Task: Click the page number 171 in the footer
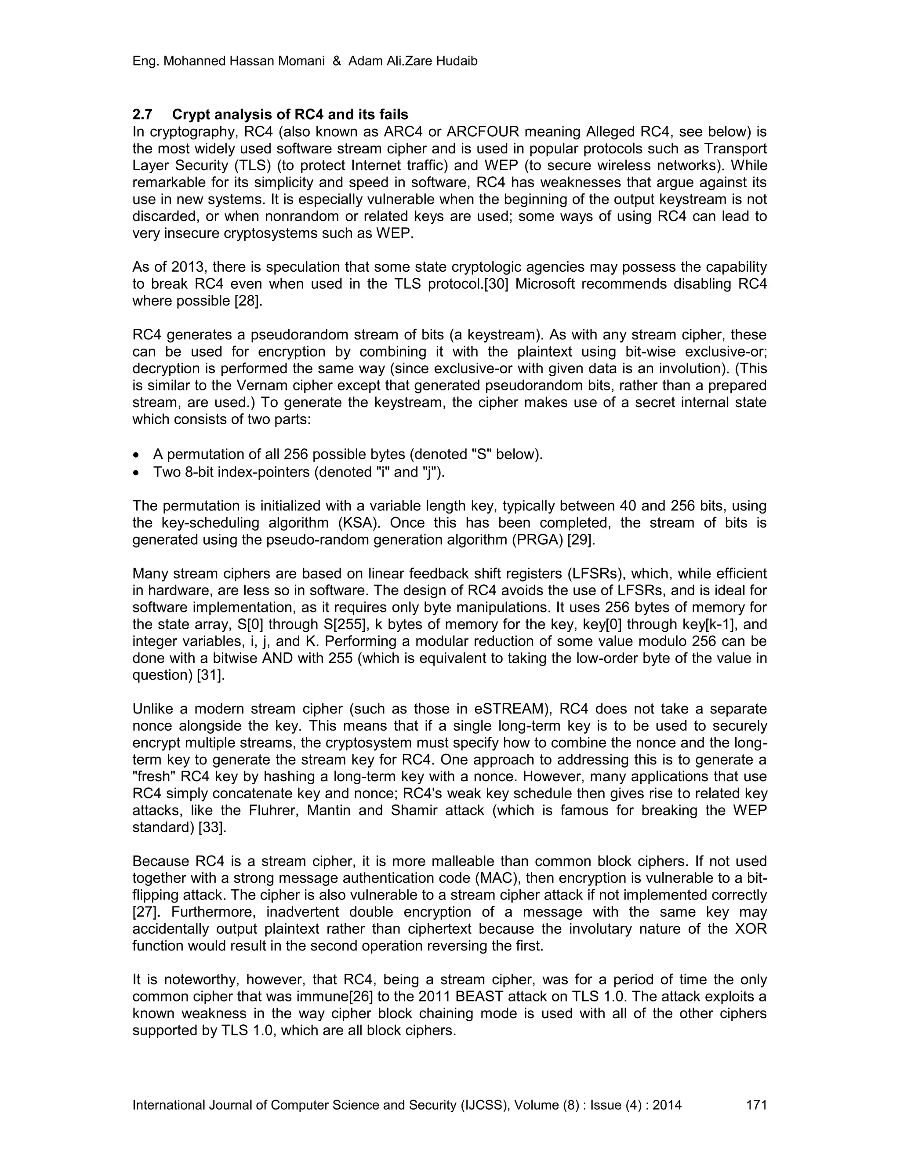756,1105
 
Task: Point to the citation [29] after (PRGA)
581,540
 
